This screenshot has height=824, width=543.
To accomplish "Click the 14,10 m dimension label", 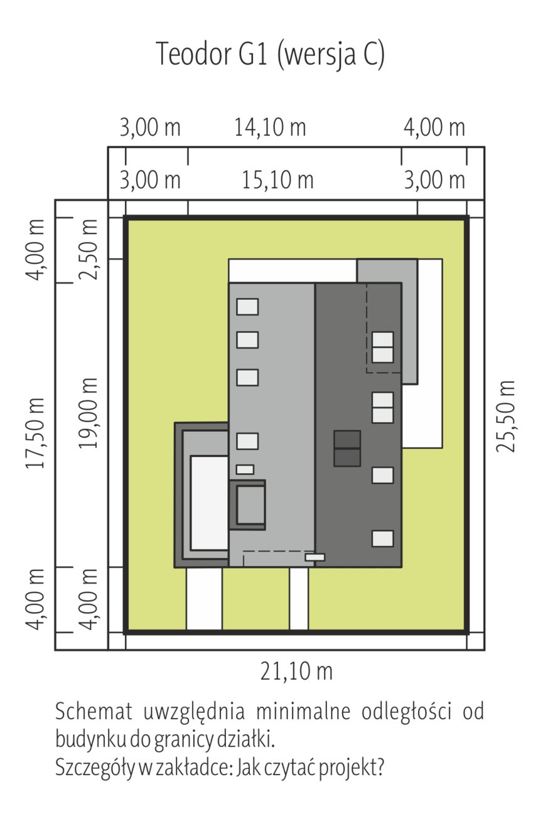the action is coord(271,127).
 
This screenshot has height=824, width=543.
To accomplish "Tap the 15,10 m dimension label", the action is coord(277,180).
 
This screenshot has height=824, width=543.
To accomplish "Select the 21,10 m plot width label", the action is coord(296,671).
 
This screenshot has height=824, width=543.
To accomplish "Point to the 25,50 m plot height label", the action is coord(505,417).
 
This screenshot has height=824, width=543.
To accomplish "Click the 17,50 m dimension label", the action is coord(35,433).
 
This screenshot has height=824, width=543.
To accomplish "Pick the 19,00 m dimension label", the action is coord(89,413).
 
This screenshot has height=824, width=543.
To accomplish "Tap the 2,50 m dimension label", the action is coord(89,250).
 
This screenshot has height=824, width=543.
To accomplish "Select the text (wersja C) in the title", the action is coord(331,55).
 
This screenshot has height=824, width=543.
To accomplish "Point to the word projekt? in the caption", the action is coord(352,768).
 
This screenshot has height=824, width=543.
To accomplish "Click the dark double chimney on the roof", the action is coord(347,449).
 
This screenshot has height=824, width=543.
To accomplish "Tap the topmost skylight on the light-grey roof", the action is coord(247,306).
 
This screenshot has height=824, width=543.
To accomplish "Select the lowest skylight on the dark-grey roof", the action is coord(382,538).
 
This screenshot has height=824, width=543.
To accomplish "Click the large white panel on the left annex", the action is coord(209,503).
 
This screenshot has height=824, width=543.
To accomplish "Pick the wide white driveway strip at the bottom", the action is coord(204,599).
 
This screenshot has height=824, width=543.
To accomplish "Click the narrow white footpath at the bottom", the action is coord(299,599).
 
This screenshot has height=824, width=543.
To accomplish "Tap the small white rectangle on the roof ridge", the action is coord(315,557).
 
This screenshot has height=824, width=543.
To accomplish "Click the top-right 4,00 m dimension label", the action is coord(434,127).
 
